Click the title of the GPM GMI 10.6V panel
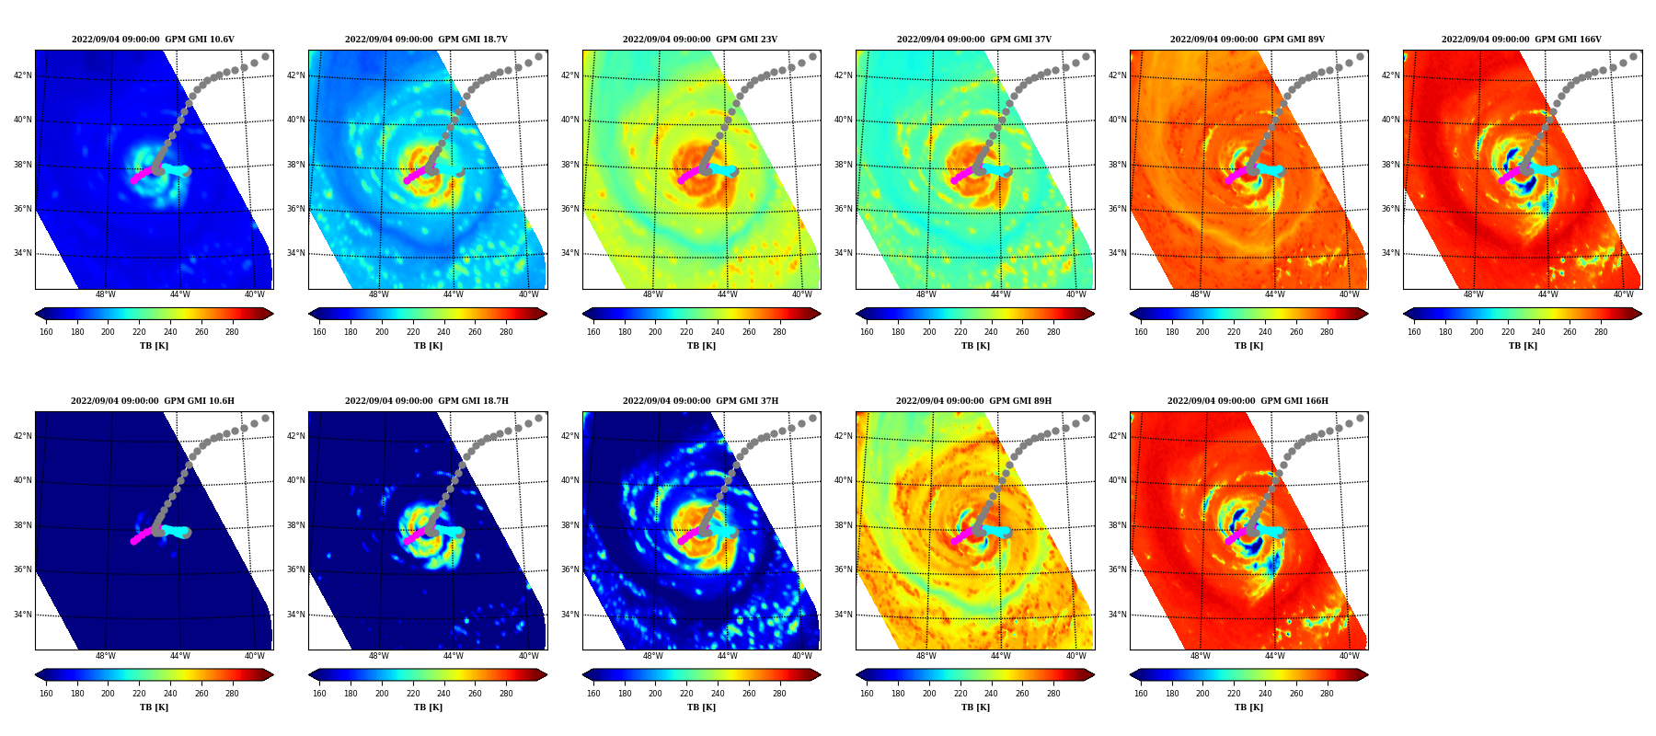pyautogui.click(x=153, y=40)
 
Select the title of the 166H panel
pyautogui.click(x=1248, y=401)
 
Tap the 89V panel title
pyautogui.click(x=1248, y=40)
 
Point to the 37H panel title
pyautogui.click(x=700, y=401)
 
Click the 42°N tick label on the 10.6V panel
pyautogui.click(x=22, y=75)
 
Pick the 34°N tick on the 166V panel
pyautogui.click(x=1390, y=253)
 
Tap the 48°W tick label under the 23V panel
pyautogui.click(x=652, y=294)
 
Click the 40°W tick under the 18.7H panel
pyautogui.click(x=528, y=656)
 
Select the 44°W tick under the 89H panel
pyautogui.click(x=1000, y=656)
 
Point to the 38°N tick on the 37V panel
pyautogui.click(x=843, y=165)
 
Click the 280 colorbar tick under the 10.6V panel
pyautogui.click(x=232, y=332)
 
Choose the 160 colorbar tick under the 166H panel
pyautogui.click(x=1141, y=694)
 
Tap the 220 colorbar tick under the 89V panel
pyautogui.click(x=1234, y=332)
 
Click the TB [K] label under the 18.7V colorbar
pyautogui.click(x=428, y=346)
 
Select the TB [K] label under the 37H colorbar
pyautogui.click(x=701, y=707)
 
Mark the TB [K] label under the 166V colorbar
pyautogui.click(x=1523, y=346)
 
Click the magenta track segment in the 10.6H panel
pyautogui.click(x=143, y=535)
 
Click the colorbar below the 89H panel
pyautogui.click(x=975, y=674)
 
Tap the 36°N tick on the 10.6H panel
pyautogui.click(x=22, y=569)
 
